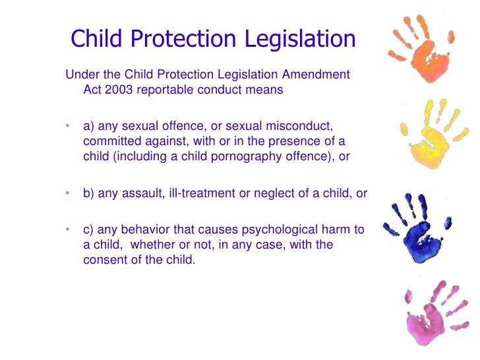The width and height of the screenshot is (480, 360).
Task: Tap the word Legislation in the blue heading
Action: (x=301, y=39)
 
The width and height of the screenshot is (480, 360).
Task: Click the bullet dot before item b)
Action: (x=67, y=193)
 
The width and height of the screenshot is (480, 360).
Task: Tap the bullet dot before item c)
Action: (x=67, y=229)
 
